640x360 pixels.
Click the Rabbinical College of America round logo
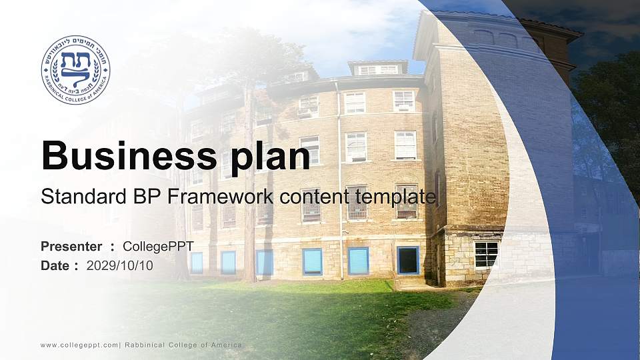pyautogui.click(x=75, y=70)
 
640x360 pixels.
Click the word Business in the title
pyautogui.click(x=129, y=155)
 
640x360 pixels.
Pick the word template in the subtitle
pyautogui.click(x=395, y=197)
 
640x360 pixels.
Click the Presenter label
pyautogui.click(x=71, y=247)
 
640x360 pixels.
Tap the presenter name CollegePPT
pyautogui.click(x=159, y=247)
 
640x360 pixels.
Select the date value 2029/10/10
pyautogui.click(x=119, y=266)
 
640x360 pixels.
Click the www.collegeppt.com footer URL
pyautogui.click(x=79, y=345)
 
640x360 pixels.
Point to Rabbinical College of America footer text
pyautogui.click(x=183, y=345)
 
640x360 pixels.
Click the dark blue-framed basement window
pyautogui.click(x=408, y=260)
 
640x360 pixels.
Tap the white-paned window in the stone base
pyautogui.click(x=486, y=255)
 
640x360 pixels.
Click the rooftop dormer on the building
pyautogui.click(x=378, y=68)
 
